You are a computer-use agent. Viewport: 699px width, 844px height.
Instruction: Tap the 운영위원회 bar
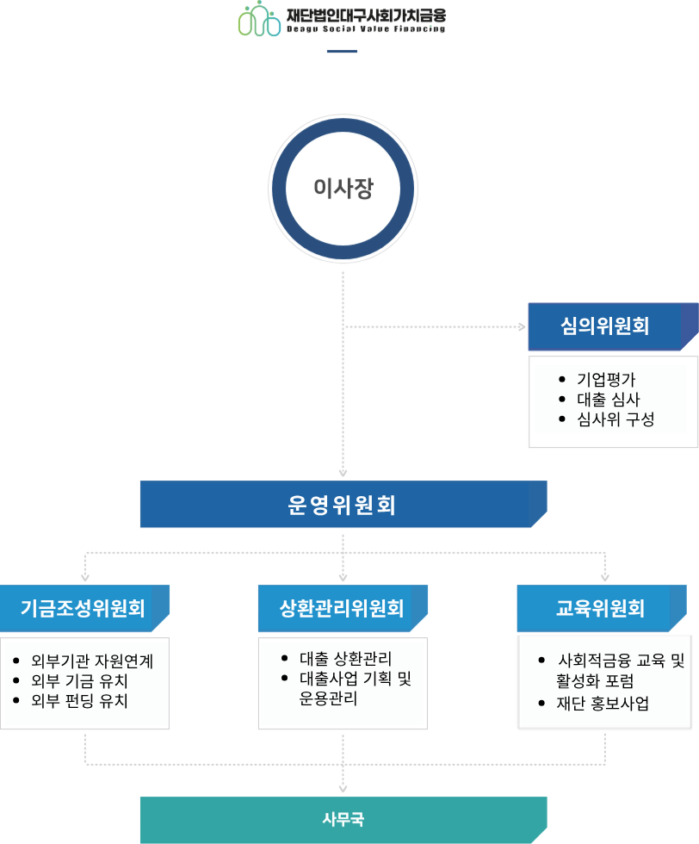343,504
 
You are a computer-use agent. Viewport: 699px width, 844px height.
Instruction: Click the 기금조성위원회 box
84,609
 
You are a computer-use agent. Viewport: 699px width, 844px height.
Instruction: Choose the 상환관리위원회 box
343,609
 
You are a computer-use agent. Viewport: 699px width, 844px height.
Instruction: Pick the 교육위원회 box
601,609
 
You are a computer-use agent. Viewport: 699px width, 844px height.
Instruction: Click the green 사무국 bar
343,819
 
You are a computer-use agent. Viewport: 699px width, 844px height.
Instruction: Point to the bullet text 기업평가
606,380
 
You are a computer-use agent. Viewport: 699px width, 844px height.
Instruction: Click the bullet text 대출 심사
608,400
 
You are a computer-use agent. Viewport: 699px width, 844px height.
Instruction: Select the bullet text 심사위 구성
615,419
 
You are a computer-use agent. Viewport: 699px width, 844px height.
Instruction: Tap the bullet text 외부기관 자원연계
92,661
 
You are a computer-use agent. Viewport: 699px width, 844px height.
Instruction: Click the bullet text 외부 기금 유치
79,680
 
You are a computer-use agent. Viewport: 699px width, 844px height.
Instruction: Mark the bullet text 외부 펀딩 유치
79,700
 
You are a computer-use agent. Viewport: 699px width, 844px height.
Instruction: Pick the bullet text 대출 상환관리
345,659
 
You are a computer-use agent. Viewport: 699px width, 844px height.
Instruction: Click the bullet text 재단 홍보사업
603,703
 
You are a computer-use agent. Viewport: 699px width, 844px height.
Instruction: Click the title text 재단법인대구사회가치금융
367,15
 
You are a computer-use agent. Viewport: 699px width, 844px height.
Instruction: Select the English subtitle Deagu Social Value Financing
367,29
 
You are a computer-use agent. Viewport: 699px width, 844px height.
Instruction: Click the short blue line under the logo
342,51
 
